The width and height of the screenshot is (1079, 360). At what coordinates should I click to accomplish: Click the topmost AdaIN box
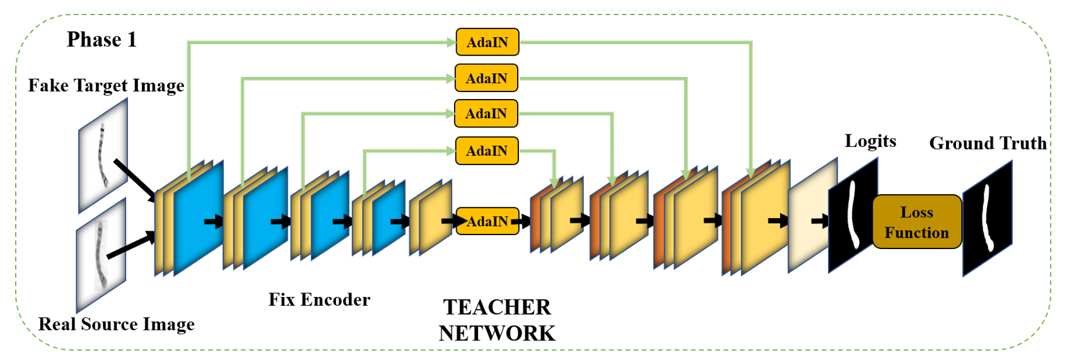487,42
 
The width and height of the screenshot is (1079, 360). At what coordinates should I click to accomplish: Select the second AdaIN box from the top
486,78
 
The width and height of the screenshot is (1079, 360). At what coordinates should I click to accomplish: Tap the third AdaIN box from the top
486,113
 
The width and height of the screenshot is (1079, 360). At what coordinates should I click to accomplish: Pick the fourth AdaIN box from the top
487,151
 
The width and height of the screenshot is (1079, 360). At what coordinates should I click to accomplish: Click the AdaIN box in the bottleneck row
487,221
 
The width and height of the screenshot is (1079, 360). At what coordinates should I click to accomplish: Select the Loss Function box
917,222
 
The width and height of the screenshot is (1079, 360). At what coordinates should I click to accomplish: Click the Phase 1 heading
102,40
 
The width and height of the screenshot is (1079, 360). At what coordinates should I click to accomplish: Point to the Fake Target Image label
106,86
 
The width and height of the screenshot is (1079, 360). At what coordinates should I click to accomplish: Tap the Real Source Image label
116,324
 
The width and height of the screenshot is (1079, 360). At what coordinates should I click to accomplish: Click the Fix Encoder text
319,299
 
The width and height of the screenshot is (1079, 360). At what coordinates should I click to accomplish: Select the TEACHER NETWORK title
497,320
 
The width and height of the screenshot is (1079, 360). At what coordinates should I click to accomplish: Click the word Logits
870,141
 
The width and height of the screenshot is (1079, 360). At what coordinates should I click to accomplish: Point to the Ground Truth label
988,143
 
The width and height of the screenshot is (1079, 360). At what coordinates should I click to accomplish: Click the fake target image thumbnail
103,155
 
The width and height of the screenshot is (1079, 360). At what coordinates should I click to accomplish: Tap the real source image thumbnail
101,255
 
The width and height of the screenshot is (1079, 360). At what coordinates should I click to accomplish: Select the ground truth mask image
988,218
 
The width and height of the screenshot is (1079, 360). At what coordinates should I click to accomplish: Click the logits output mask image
853,215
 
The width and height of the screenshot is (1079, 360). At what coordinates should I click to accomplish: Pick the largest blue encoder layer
199,218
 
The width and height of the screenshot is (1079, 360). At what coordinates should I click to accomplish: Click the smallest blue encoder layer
388,217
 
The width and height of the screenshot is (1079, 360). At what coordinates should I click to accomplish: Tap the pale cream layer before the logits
813,215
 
